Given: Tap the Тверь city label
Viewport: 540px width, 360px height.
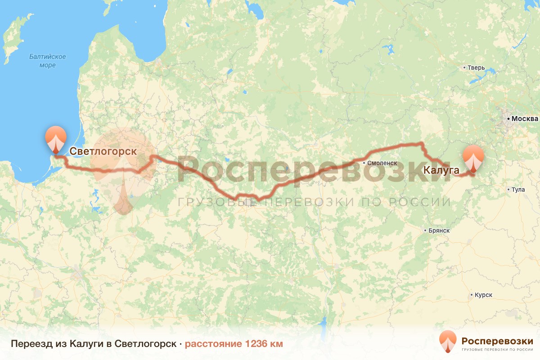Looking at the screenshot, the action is point(477,68).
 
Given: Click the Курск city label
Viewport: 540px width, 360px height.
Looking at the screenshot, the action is point(483,295).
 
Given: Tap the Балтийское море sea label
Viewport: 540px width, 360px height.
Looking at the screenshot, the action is point(48,61).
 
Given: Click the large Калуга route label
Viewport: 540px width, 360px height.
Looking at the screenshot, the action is point(441,170).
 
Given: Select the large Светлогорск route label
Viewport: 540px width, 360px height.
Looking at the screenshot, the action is point(103,151).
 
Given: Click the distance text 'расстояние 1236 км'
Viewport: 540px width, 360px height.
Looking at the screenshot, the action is point(234,344).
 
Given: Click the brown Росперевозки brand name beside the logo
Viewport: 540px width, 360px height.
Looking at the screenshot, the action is point(497,340).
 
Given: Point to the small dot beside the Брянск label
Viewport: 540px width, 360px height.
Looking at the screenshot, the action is point(425,230).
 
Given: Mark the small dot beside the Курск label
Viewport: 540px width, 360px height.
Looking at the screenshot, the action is point(471,295).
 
